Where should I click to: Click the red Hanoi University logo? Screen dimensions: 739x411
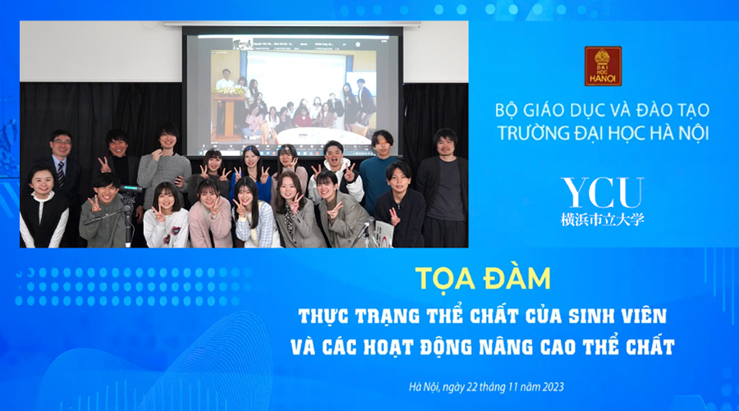tap(603, 66)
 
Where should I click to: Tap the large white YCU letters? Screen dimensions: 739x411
tap(603, 192)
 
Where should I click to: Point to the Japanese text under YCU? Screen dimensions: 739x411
tap(603, 219)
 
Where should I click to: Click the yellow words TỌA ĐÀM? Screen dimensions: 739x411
tap(483, 279)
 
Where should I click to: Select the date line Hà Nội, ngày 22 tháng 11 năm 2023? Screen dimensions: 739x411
tap(486, 387)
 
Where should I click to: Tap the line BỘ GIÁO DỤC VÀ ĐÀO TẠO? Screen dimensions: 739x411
tap(603, 110)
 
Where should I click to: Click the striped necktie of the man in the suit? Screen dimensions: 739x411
tap(61, 173)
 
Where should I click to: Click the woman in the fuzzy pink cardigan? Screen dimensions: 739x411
tap(209, 214)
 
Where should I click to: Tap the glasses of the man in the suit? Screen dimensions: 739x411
tap(62, 141)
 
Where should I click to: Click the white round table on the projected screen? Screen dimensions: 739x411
tap(319, 136)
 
